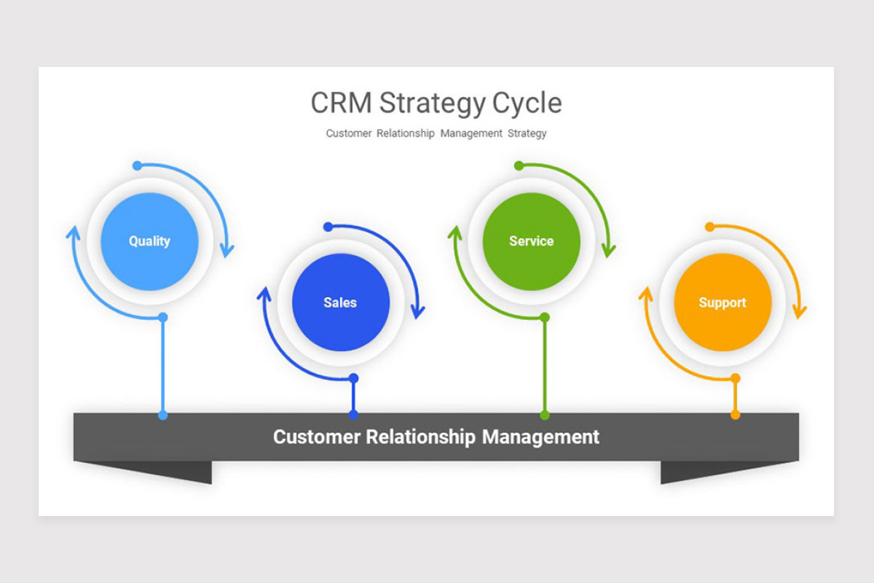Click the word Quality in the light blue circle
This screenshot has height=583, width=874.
(x=149, y=241)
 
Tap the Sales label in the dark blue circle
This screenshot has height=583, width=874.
(x=340, y=302)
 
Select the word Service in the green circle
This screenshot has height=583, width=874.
(x=531, y=241)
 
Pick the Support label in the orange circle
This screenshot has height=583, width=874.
(x=723, y=302)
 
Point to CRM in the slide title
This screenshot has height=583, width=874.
(x=340, y=103)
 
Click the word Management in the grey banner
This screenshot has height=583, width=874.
(x=540, y=437)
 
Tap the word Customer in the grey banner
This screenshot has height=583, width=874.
(x=316, y=437)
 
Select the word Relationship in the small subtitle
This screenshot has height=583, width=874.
(x=405, y=133)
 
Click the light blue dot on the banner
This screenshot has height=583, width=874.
(x=162, y=415)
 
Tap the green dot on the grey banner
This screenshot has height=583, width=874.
(x=544, y=415)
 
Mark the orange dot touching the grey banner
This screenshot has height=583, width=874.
(x=735, y=415)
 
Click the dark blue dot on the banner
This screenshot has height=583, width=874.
(x=353, y=415)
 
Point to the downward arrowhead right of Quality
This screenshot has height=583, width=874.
(x=227, y=250)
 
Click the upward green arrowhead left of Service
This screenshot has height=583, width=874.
(x=454, y=232)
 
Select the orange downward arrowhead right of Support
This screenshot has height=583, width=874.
(x=799, y=311)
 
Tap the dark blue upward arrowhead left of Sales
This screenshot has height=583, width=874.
(x=264, y=294)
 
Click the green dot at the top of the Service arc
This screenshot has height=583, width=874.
(x=519, y=165)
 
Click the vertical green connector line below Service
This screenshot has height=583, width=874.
(x=544, y=364)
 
